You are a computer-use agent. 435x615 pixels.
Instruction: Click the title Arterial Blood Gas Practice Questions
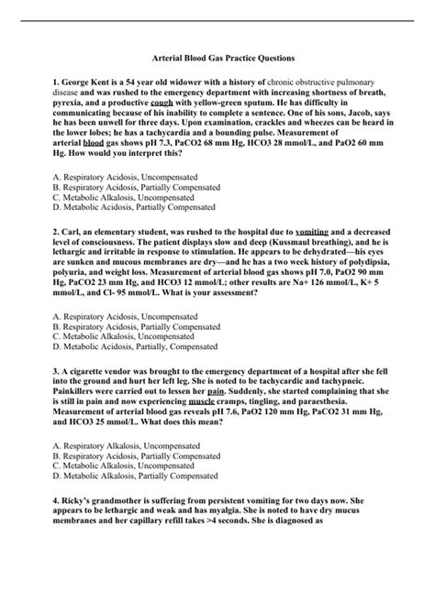pos(217,57)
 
